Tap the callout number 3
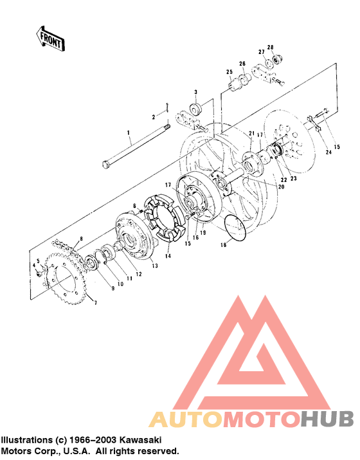pyautogui.click(x=195, y=93)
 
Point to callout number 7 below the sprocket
pyautogui.click(x=95, y=302)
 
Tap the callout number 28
pyautogui.click(x=271, y=47)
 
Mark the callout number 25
pyautogui.click(x=228, y=72)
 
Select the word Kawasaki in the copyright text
pyautogui.click(x=140, y=439)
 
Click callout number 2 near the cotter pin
pyautogui.click(x=154, y=116)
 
